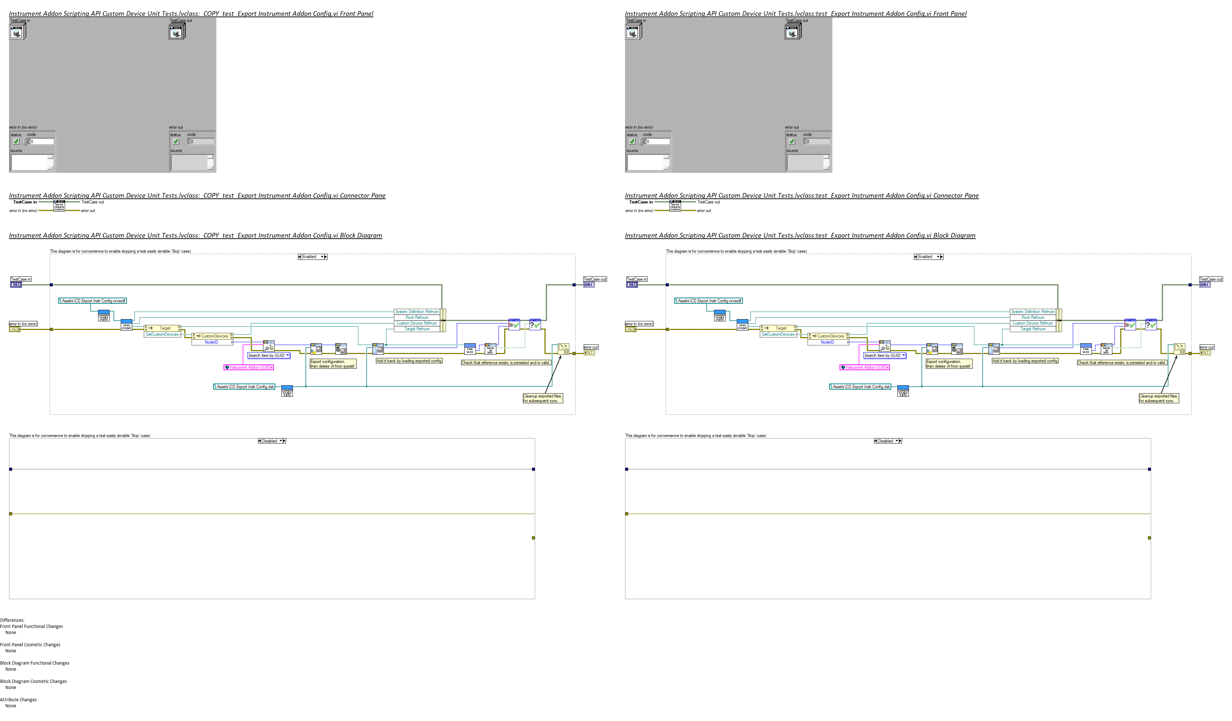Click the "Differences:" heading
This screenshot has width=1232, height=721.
pyautogui.click(x=12, y=620)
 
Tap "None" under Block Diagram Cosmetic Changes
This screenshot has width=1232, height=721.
pyautogui.click(x=11, y=687)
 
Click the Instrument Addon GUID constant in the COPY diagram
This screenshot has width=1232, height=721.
pyautogui.click(x=249, y=367)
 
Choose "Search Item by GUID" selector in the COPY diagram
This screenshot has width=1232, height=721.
pyautogui.click(x=268, y=355)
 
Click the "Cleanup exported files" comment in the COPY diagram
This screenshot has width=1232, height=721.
pyautogui.click(x=542, y=398)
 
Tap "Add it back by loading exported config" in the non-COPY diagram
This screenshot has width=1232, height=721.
pyautogui.click(x=1025, y=361)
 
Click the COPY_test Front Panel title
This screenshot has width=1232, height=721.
pyautogui.click(x=191, y=14)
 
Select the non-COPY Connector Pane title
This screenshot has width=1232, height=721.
pyautogui.click(x=801, y=196)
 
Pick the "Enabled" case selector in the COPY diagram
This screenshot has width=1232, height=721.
pyautogui.click(x=312, y=257)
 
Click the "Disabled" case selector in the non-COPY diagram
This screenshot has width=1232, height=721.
pyautogui.click(x=887, y=441)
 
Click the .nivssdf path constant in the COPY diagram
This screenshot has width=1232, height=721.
pyautogui.click(x=93, y=300)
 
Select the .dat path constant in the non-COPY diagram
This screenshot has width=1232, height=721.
pyautogui.click(x=859, y=387)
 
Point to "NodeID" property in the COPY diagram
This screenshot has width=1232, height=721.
pyautogui.click(x=211, y=342)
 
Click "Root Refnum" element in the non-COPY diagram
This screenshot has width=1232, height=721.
pyautogui.click(x=1033, y=317)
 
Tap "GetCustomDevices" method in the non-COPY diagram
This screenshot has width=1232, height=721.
pyautogui.click(x=778, y=334)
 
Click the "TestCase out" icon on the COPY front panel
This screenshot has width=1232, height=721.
pyautogui.click(x=176, y=32)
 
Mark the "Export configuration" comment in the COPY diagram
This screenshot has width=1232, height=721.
pyautogui.click(x=332, y=364)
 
